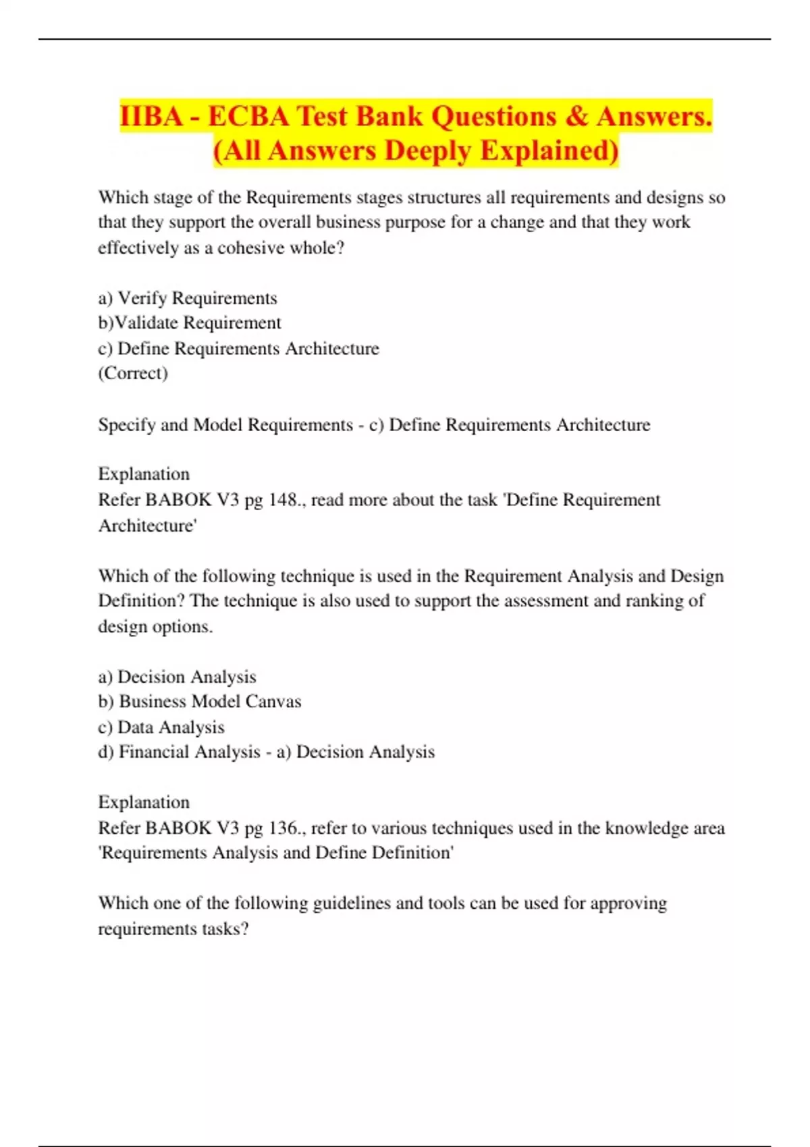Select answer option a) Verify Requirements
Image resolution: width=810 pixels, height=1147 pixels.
tap(188, 298)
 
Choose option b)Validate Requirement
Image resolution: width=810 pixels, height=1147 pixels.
tap(190, 323)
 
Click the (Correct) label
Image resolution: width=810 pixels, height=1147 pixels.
tap(133, 373)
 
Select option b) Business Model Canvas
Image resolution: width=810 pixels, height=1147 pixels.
tap(200, 702)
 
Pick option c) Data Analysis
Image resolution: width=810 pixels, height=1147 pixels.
tap(161, 727)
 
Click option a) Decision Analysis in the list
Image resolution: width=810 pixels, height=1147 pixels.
tap(178, 677)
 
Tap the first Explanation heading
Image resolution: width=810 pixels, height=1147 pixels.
tap(144, 474)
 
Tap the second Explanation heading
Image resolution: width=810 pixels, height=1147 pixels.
tap(144, 802)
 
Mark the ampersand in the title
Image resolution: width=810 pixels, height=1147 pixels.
tap(577, 116)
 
